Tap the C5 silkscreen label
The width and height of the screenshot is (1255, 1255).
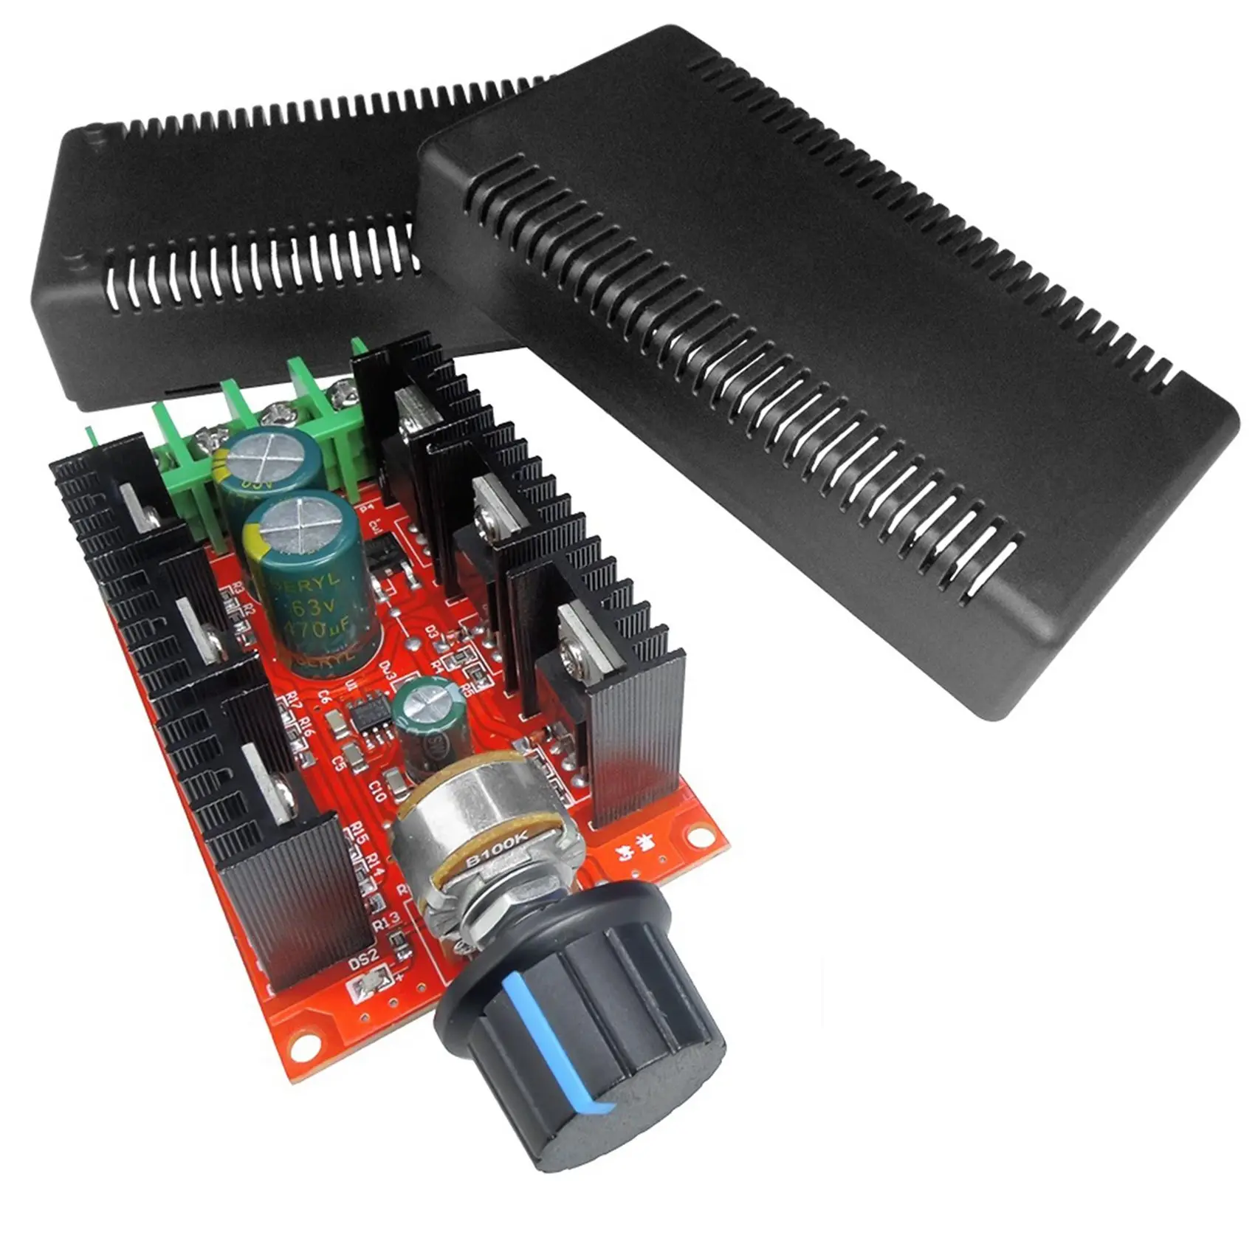click(x=340, y=762)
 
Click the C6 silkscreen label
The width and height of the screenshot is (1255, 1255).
click(x=323, y=696)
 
